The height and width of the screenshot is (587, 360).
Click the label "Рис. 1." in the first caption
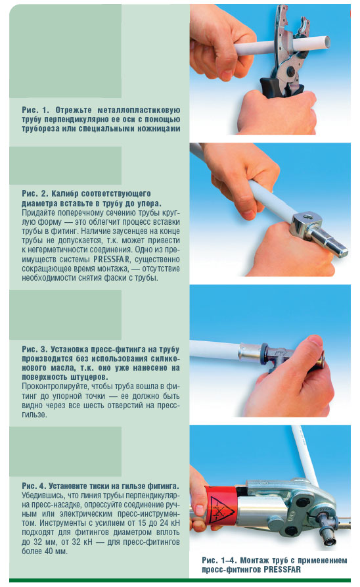point(35,110)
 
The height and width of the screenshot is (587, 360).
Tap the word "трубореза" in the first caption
point(41,129)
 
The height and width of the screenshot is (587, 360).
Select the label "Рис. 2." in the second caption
point(35,194)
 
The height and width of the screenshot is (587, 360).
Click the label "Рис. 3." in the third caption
point(35,349)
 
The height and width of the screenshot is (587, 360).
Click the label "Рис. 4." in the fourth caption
point(34,486)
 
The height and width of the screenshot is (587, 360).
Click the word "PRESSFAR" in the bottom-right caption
point(282,570)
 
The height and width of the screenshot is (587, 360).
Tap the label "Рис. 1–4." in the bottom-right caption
point(219,561)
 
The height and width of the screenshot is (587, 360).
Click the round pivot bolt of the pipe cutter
point(292,70)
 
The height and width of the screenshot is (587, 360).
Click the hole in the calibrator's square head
point(309,216)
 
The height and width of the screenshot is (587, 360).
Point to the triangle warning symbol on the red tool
point(221,509)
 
